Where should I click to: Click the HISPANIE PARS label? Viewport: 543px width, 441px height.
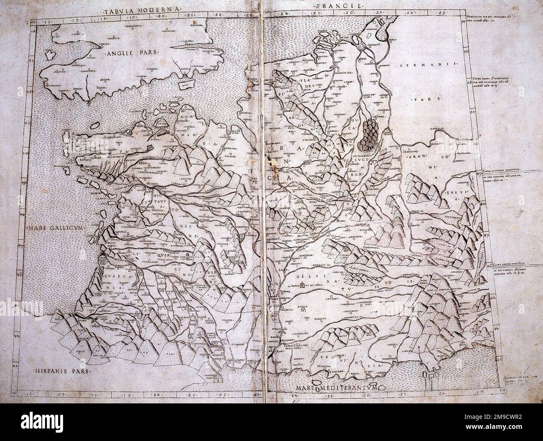coord(56,370)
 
